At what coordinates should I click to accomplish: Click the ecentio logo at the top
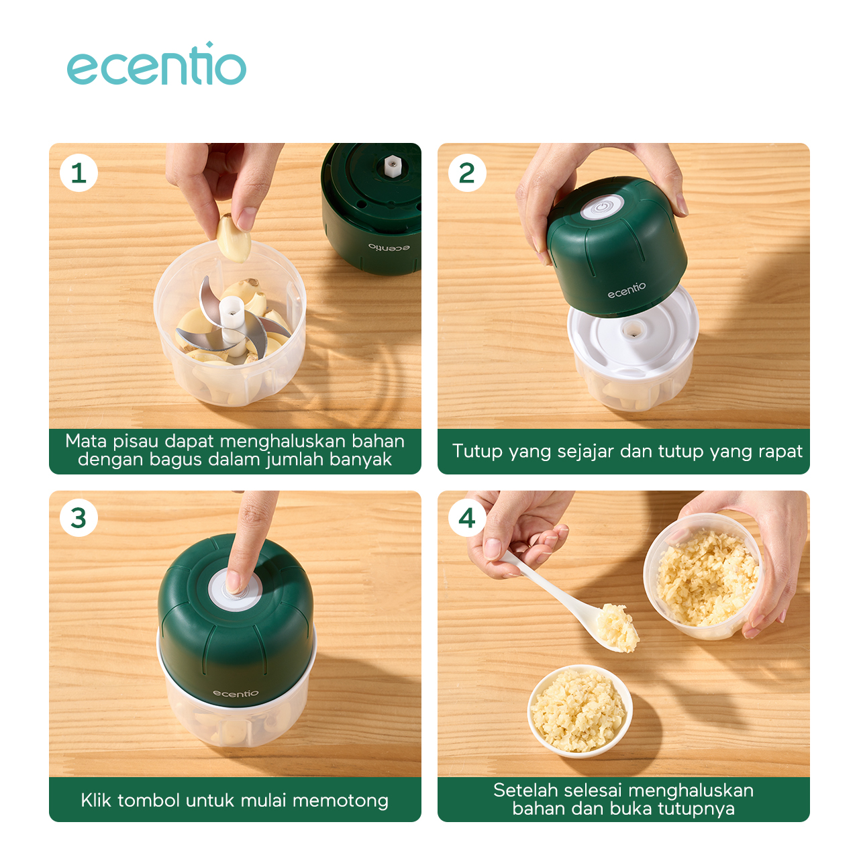click(156, 65)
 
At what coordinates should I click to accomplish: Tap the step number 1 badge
click(79, 173)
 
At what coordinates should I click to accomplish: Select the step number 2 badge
click(467, 173)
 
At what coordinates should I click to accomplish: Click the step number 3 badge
click(79, 518)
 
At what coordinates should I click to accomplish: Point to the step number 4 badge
click(467, 518)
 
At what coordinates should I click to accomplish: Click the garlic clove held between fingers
click(234, 239)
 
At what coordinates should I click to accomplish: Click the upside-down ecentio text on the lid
click(389, 248)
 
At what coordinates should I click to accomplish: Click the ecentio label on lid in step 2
click(627, 290)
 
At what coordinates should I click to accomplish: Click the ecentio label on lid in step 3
click(236, 693)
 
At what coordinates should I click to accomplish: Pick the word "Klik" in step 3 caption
click(96, 800)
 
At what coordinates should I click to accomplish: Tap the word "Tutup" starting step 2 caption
click(477, 451)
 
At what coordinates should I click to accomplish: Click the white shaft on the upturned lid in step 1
click(391, 164)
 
